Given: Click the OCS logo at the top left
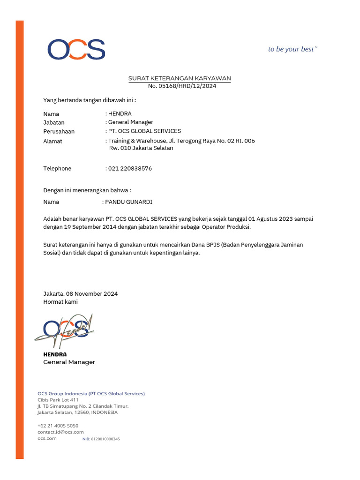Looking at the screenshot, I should [x=76, y=49].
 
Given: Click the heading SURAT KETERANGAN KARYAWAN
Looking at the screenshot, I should [x=180, y=78].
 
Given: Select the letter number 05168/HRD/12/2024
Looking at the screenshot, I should [x=182, y=86].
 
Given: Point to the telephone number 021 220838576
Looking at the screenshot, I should [x=130, y=168].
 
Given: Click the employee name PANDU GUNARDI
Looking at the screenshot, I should [x=129, y=202].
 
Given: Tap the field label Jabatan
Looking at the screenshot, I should [x=54, y=122].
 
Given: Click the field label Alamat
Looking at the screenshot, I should [x=52, y=141].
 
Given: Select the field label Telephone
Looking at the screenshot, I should [x=57, y=168].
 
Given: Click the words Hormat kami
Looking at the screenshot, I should [x=60, y=302].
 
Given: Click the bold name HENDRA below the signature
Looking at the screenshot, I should [x=55, y=354].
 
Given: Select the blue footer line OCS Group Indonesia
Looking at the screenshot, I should [x=91, y=394].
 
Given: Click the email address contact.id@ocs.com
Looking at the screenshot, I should [x=60, y=432].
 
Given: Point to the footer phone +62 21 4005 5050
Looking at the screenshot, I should [x=58, y=426].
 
